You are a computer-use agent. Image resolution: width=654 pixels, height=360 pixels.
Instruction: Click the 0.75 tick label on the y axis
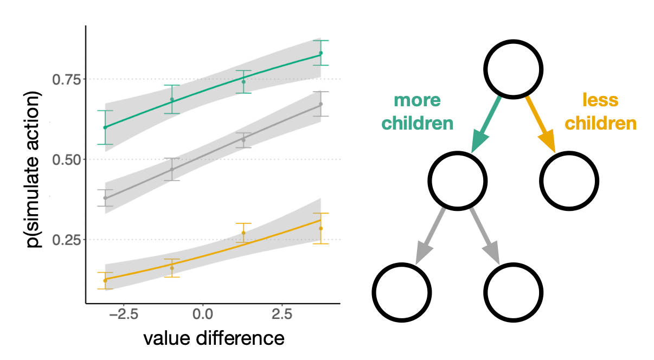66,80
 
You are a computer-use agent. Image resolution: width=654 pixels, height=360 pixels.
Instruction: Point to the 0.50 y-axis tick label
66,160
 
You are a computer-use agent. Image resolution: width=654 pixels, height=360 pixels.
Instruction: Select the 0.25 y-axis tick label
66,240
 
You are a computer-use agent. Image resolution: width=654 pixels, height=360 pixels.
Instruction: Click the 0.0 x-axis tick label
202,314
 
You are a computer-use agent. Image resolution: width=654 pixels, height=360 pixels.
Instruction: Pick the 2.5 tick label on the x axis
281,314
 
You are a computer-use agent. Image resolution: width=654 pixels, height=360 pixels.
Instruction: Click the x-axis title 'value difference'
214,338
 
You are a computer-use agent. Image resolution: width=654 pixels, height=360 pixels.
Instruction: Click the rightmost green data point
320,53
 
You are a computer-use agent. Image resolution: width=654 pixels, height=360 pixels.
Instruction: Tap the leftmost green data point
105,127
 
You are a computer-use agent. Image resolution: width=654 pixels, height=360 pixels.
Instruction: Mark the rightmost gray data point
320,104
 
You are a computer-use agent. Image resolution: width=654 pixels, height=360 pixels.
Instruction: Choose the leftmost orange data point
105,280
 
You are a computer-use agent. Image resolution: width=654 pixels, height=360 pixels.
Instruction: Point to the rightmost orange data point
320,228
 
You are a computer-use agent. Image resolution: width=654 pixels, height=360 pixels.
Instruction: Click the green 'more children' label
417,112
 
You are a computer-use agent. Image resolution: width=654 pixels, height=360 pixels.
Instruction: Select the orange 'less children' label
600,112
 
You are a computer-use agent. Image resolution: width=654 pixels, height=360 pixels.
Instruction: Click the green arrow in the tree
486,124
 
